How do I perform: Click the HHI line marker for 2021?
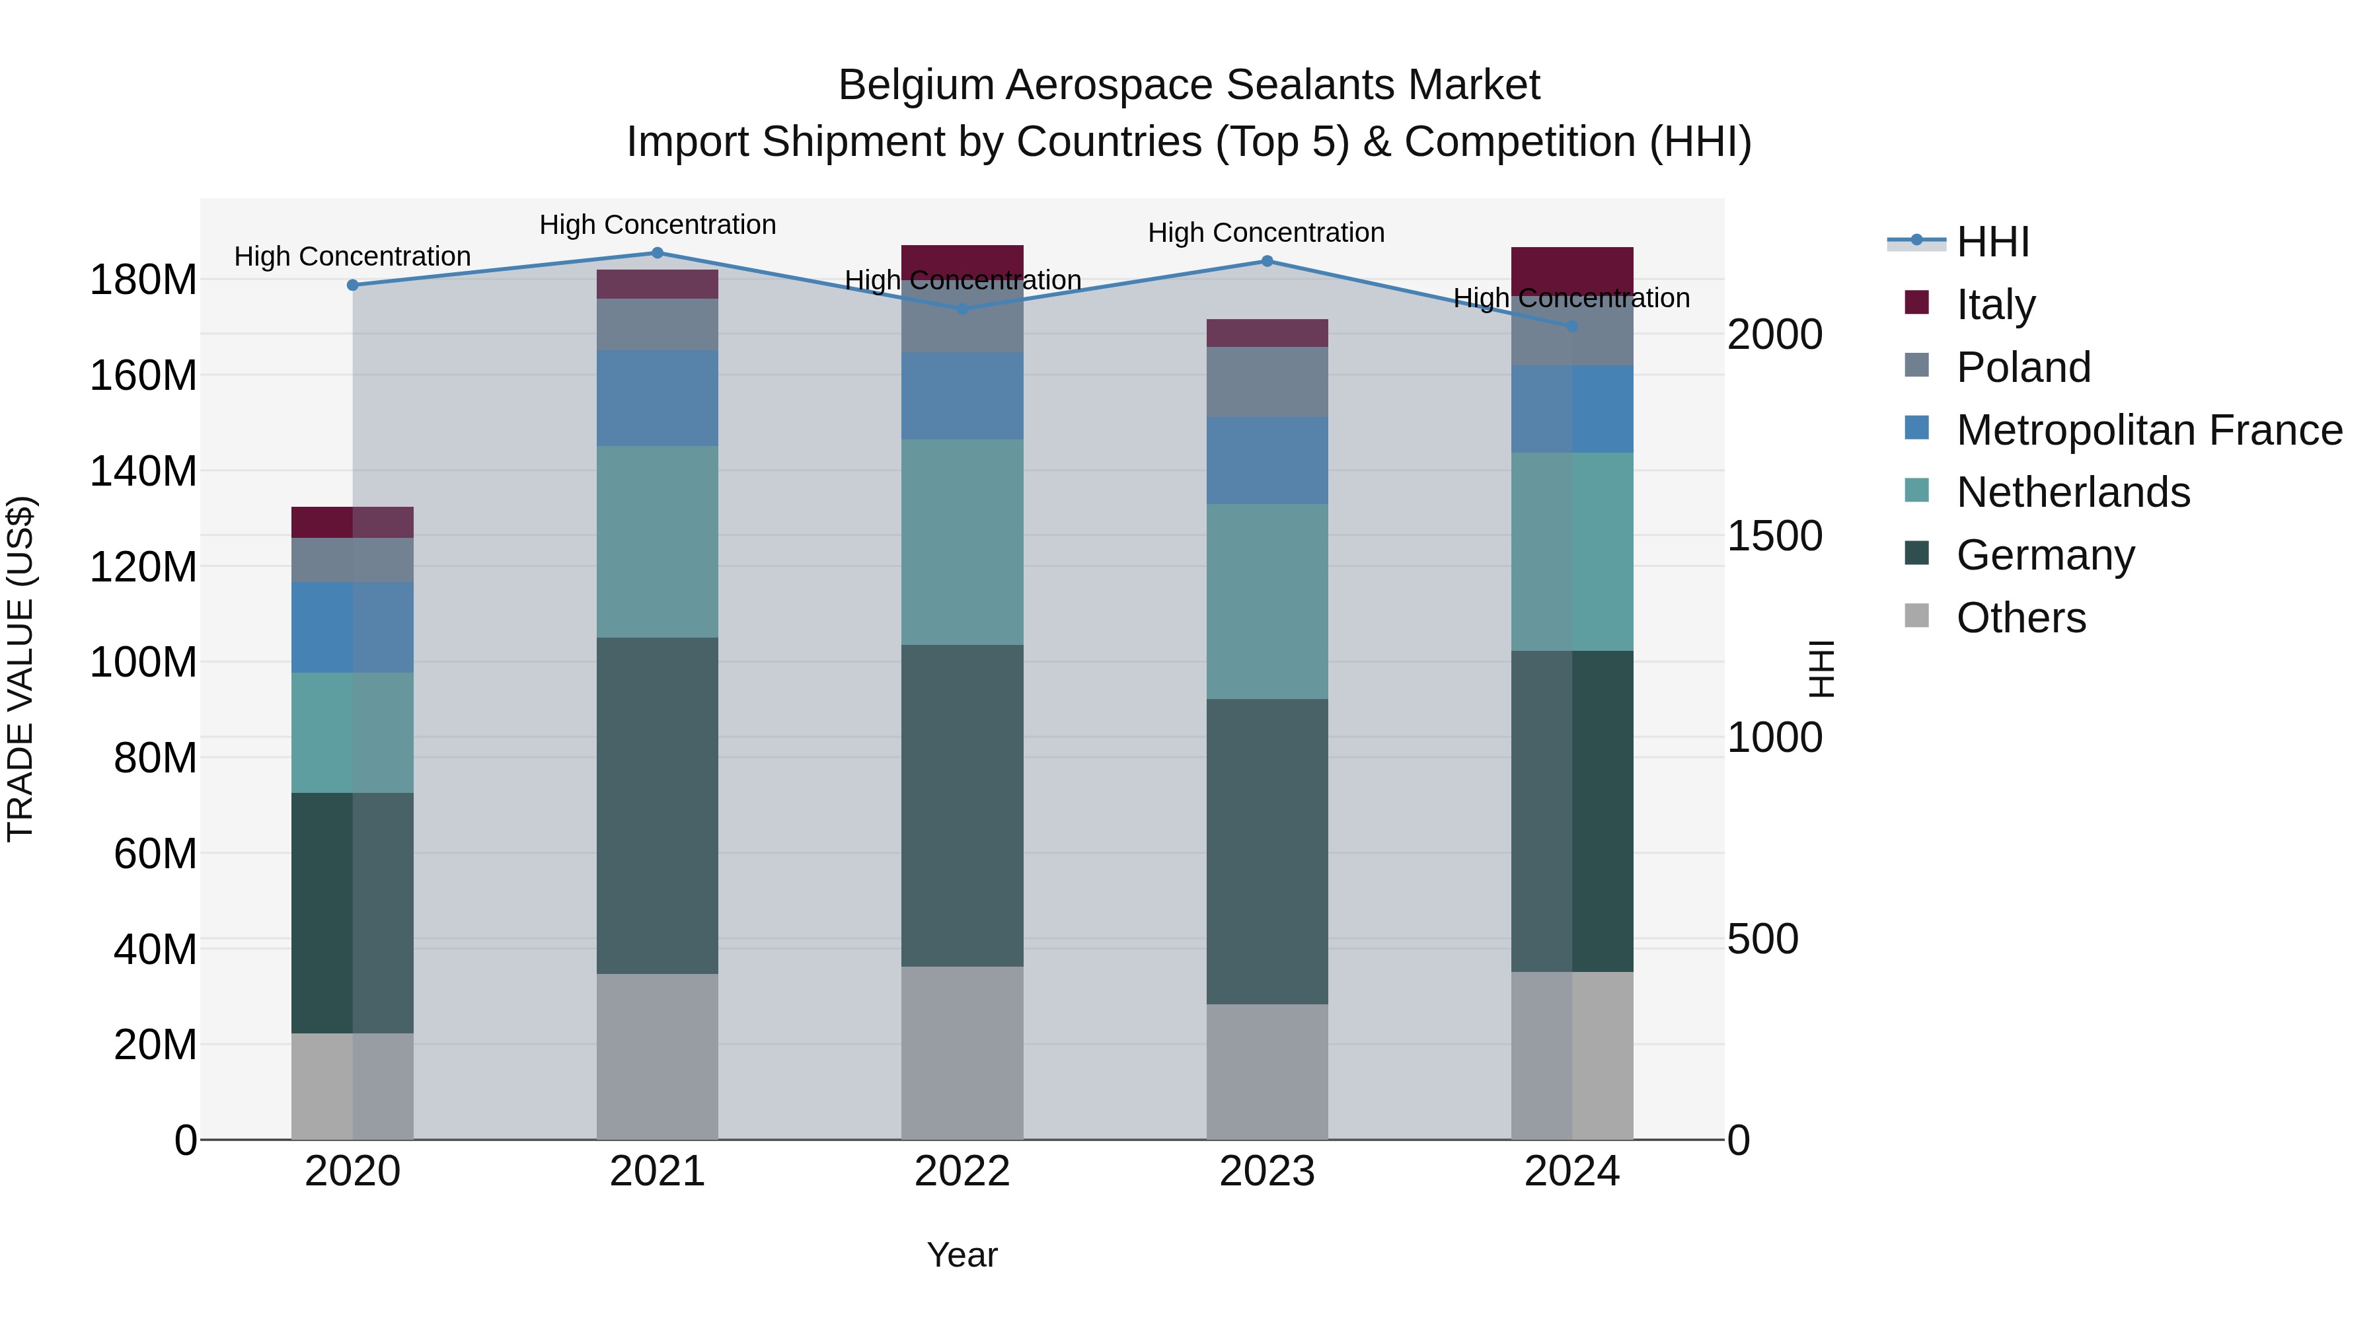(x=658, y=253)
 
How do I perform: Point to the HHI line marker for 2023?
(x=1267, y=261)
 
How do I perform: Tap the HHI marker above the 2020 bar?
(x=353, y=285)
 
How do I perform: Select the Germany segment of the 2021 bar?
(x=658, y=805)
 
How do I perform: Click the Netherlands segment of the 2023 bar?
(x=1267, y=601)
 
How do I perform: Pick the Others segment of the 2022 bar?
(x=962, y=1053)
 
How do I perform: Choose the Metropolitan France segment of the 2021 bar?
(x=658, y=398)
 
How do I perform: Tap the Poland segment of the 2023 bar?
(x=1267, y=381)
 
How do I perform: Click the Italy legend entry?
(x=1995, y=305)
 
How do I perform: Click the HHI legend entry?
(x=1992, y=242)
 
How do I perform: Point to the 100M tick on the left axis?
(x=143, y=662)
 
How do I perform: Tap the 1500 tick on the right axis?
(x=1775, y=537)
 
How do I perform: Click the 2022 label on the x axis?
(x=962, y=1171)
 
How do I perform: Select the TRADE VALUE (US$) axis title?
(x=20, y=669)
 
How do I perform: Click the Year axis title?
(x=962, y=1255)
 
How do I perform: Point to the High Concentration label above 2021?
(x=658, y=225)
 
